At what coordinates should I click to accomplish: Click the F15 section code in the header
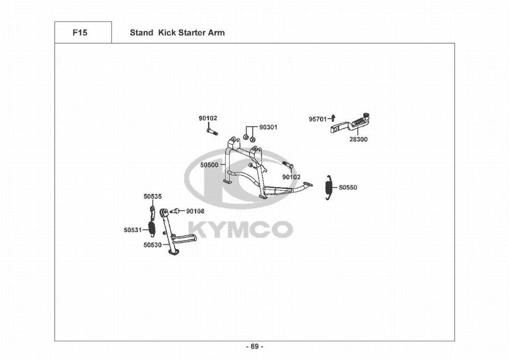80,33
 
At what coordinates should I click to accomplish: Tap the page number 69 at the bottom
254,347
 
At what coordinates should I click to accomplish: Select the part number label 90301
268,127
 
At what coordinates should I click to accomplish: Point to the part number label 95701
318,119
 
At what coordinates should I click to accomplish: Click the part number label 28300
358,139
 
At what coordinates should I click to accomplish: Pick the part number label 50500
209,165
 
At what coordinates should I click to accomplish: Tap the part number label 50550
348,187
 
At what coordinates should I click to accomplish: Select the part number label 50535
152,196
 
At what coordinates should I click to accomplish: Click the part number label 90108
195,211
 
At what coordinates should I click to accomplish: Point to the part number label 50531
132,230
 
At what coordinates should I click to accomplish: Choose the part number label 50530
152,245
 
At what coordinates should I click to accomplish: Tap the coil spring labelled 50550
329,187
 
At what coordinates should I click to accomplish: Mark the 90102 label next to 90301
208,118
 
